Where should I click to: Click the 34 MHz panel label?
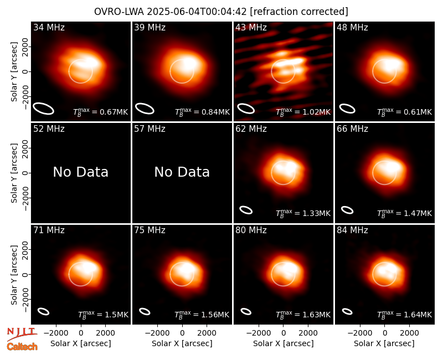(49, 27)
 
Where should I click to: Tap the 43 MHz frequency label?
(251, 27)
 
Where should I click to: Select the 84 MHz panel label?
(352, 230)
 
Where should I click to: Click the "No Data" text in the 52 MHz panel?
(80, 172)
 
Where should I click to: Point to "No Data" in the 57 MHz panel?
(182, 172)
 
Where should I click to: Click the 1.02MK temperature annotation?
(303, 112)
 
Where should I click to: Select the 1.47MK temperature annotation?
(404, 213)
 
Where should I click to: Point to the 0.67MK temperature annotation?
(101, 112)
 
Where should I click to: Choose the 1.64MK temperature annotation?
(404, 315)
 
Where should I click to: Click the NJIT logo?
(22, 333)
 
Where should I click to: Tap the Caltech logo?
(22, 347)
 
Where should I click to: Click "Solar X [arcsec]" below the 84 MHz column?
(384, 343)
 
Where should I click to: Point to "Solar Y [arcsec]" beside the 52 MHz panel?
(14, 173)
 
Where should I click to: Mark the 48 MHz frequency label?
(352, 27)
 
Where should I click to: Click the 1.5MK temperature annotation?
(103, 315)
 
